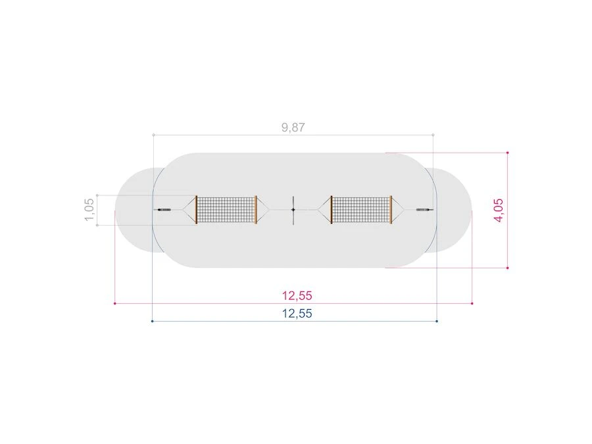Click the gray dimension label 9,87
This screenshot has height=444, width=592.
293,128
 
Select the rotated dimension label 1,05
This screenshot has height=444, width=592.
89,210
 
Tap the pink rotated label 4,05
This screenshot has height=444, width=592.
499,210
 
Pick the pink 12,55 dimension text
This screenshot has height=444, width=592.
297,295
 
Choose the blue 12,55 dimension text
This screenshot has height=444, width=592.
297,314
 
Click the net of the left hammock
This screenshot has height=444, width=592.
226,210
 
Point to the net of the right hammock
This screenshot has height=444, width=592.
361,210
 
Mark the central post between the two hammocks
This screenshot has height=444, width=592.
293,210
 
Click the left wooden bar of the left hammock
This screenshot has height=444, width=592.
196,210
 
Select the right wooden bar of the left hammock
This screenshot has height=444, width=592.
257,210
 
